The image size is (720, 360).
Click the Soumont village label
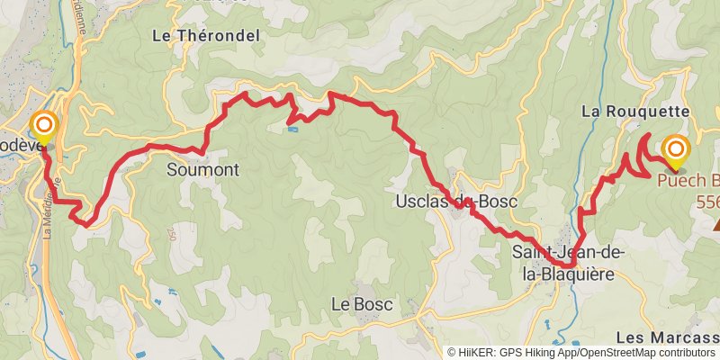pos(202,169)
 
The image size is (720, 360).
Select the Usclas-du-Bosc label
pos(456,202)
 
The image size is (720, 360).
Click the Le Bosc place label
pos(362,305)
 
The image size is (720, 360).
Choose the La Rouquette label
pos(635,112)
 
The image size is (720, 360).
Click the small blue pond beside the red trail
pos(292,129)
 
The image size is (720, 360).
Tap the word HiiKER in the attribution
pos(476,353)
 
